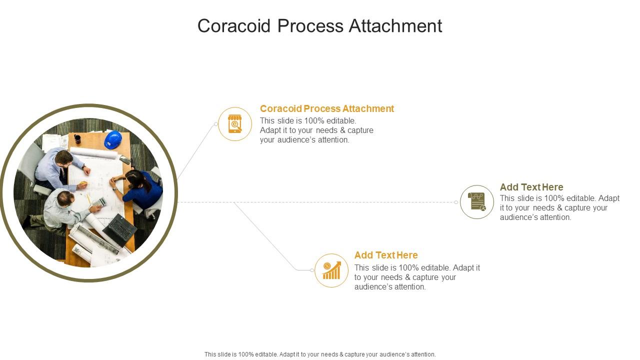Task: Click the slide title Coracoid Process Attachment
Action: pos(319,26)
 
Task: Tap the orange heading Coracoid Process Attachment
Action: pos(327,108)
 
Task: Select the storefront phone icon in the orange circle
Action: pos(235,124)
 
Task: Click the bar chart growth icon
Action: pos(331,270)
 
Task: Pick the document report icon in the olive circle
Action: pos(477,202)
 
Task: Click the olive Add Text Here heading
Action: pos(531,187)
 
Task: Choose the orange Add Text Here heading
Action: pos(386,255)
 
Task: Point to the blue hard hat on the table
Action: pos(113,139)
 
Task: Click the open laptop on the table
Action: pos(119,230)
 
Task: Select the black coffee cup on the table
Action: pos(77,138)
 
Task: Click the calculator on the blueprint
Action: pos(99,201)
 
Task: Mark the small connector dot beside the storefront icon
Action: pos(216,124)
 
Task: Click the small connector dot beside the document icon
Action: pos(456,202)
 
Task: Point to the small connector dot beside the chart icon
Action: pos(312,270)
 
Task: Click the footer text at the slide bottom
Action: pos(320,354)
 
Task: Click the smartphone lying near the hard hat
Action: pos(125,159)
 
